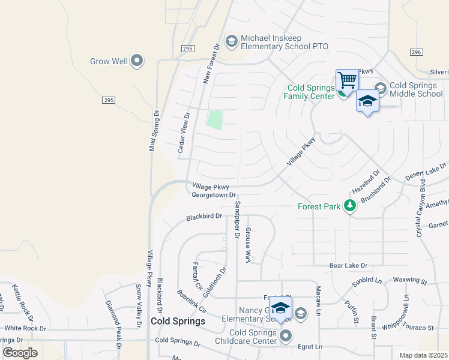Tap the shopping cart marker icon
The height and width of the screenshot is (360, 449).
point(347,80)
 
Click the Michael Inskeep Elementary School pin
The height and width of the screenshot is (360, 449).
point(231,41)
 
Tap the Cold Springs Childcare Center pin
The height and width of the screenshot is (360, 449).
point(286,335)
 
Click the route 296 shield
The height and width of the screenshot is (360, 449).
point(417,53)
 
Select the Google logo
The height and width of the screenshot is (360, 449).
point(20,353)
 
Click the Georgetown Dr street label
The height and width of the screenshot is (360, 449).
point(213,196)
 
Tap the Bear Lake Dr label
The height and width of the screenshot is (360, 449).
point(348,265)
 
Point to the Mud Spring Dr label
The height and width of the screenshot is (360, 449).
point(151,129)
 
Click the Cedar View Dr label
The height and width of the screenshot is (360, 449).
point(183,135)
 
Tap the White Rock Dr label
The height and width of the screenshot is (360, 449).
point(25,328)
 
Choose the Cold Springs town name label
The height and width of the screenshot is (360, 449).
point(178,321)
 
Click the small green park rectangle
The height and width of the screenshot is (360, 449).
point(214,120)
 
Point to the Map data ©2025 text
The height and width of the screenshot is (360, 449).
point(423,355)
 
